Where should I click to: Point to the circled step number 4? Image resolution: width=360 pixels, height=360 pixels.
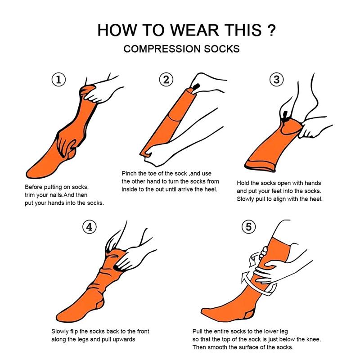90,227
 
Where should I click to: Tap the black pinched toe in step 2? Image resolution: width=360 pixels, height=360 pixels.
197,85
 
